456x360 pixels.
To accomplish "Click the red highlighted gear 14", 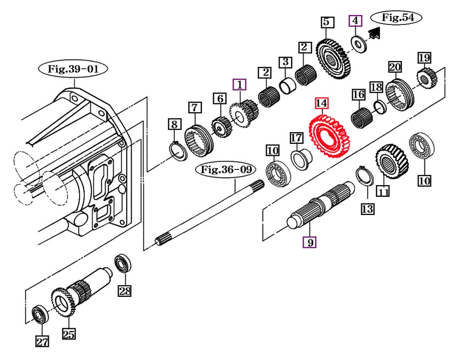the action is point(329,136).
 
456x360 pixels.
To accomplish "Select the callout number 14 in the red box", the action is point(322,103).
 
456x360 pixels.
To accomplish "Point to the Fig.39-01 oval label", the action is point(73,69).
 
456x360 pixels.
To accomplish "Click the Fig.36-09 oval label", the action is point(226,169).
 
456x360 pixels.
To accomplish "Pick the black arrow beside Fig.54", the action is point(374,33).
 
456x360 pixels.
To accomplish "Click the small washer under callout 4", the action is point(359,44).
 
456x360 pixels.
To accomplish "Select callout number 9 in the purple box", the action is point(310,242).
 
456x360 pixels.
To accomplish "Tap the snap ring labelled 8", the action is point(178,150).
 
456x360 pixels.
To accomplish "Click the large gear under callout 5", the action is point(333,60).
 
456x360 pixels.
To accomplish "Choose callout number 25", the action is point(69,333).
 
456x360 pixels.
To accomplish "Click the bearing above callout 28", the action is point(123,264).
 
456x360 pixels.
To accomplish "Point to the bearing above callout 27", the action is point(41,314).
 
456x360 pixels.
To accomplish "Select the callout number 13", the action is point(368,209).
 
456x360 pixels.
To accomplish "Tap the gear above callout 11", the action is point(392,161).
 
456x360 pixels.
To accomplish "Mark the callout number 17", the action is point(297,137).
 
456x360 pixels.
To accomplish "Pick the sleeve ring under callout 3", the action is point(287,83).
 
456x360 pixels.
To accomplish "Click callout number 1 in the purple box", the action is point(239,85).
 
